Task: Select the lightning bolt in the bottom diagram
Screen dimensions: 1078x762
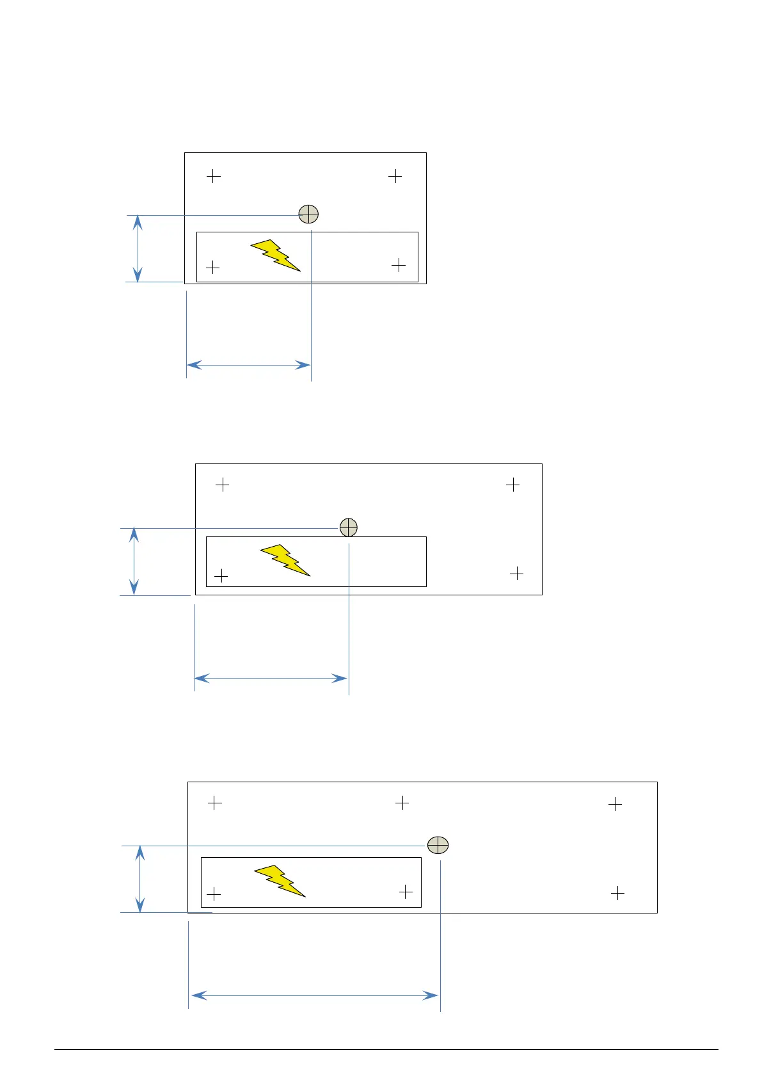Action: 280,880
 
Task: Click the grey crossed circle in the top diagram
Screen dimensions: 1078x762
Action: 308,214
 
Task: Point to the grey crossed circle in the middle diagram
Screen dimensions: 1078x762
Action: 348,527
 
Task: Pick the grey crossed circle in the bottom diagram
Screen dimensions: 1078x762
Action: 438,845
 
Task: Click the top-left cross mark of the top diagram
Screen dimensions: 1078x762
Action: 214,176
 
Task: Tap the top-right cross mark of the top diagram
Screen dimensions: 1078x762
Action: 395,176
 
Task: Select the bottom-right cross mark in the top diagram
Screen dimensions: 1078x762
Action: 399,264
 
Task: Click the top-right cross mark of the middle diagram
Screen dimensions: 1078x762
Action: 512,485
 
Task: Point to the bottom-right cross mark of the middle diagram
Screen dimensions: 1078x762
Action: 516,574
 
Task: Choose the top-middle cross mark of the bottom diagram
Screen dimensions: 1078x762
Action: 402,802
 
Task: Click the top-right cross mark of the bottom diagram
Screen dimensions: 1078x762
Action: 615,804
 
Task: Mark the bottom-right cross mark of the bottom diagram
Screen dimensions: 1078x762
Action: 617,892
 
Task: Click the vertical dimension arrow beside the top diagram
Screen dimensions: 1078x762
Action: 138,248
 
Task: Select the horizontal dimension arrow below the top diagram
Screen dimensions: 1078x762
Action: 248,365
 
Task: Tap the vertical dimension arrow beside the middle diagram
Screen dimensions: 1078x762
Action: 134,561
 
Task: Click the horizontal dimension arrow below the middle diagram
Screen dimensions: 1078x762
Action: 271,678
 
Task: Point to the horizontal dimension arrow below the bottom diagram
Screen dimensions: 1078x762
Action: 315,995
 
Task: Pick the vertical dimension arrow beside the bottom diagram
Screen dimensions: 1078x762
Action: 140,879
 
